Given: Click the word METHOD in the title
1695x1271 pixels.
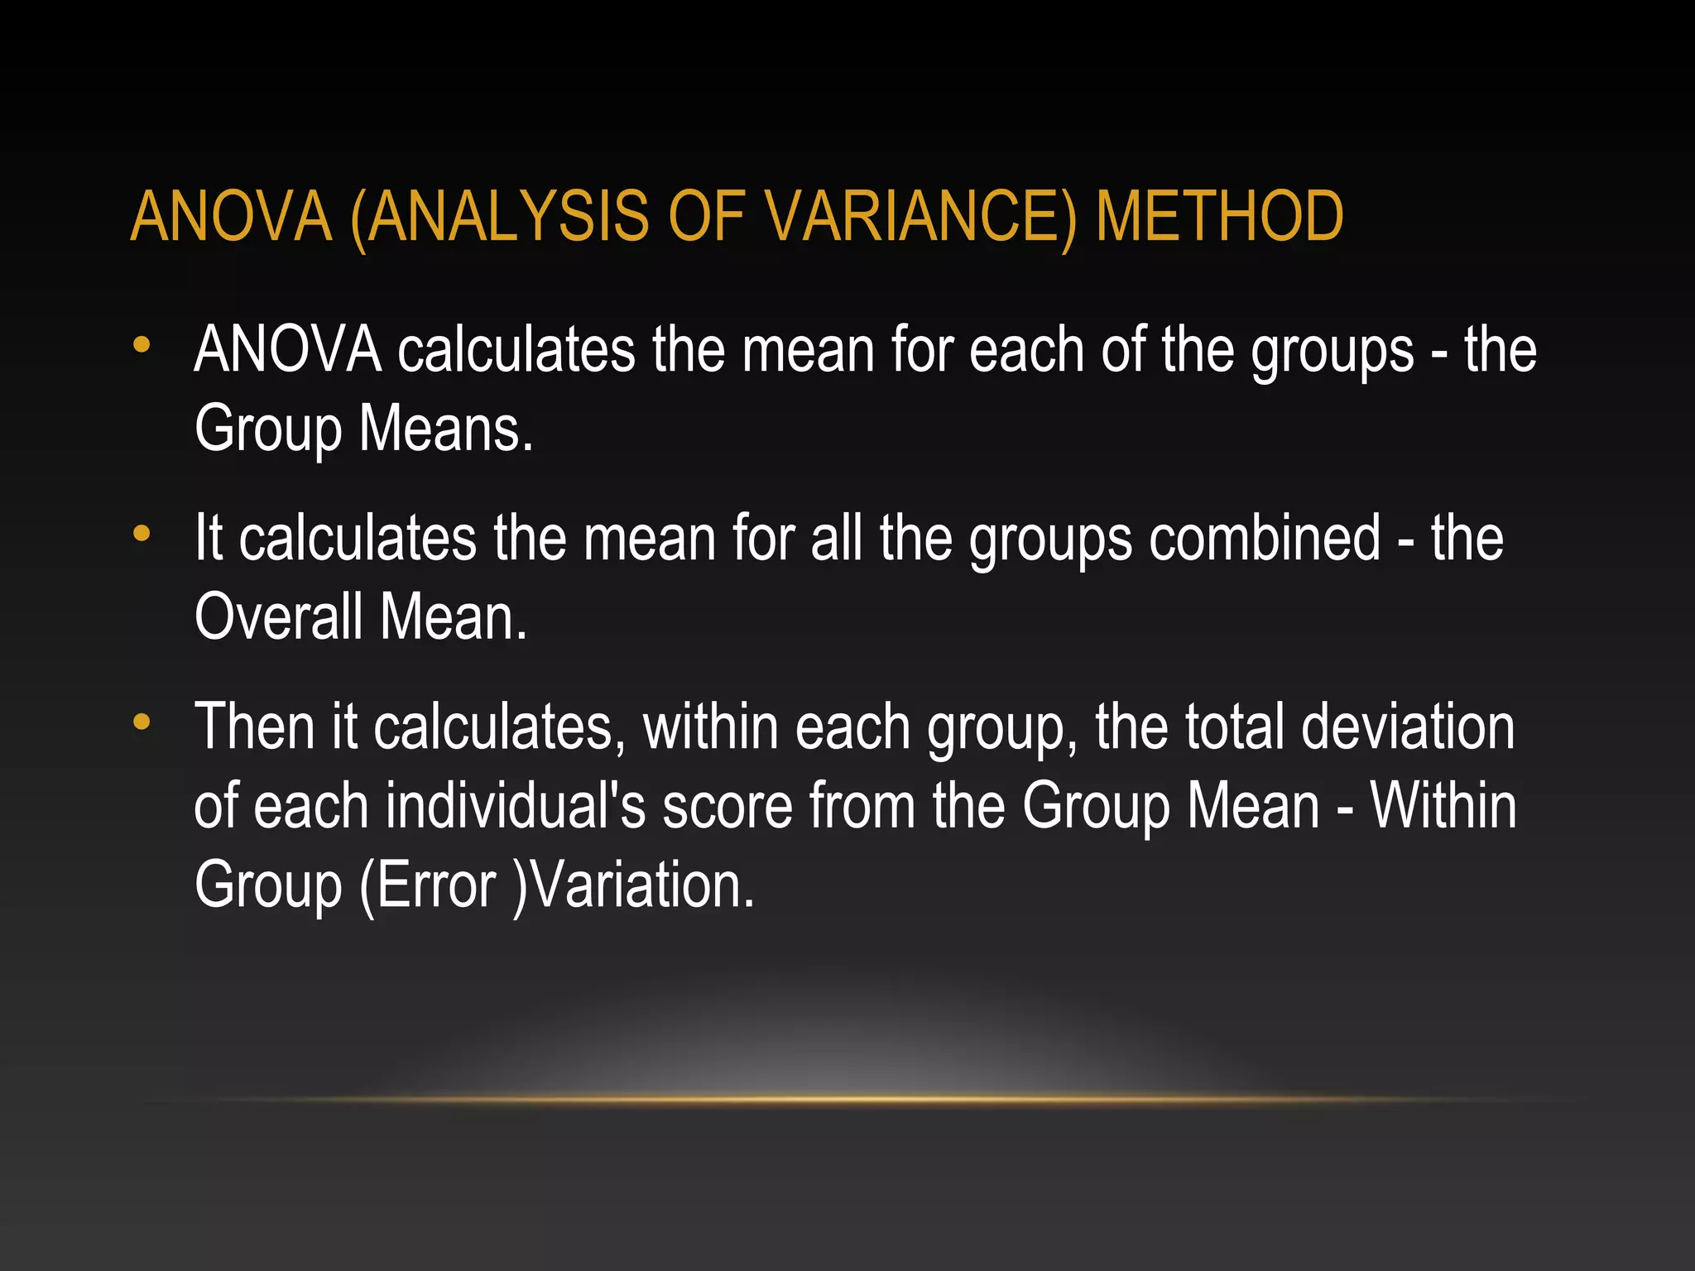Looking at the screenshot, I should (x=1219, y=217).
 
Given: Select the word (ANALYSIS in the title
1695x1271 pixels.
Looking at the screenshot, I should (x=500, y=217).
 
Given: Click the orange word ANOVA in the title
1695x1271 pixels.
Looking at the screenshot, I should (x=232, y=217).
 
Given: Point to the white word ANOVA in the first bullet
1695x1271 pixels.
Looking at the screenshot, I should (x=287, y=350).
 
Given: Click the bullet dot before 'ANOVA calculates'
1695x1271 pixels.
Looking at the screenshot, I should (x=142, y=345).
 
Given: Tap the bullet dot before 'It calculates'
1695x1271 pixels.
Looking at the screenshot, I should (x=142, y=534).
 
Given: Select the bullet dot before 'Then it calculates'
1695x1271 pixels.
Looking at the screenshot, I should (x=142, y=722).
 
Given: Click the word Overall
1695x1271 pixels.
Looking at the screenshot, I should (x=279, y=617).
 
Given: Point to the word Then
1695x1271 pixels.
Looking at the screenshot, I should (x=255, y=727).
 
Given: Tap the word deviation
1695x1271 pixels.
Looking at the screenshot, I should (x=1408, y=727).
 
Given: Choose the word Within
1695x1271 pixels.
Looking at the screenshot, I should (x=1443, y=806).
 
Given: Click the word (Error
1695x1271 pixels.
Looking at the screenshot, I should (x=428, y=885).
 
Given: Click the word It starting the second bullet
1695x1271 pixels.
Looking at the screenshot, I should (x=209, y=539).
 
